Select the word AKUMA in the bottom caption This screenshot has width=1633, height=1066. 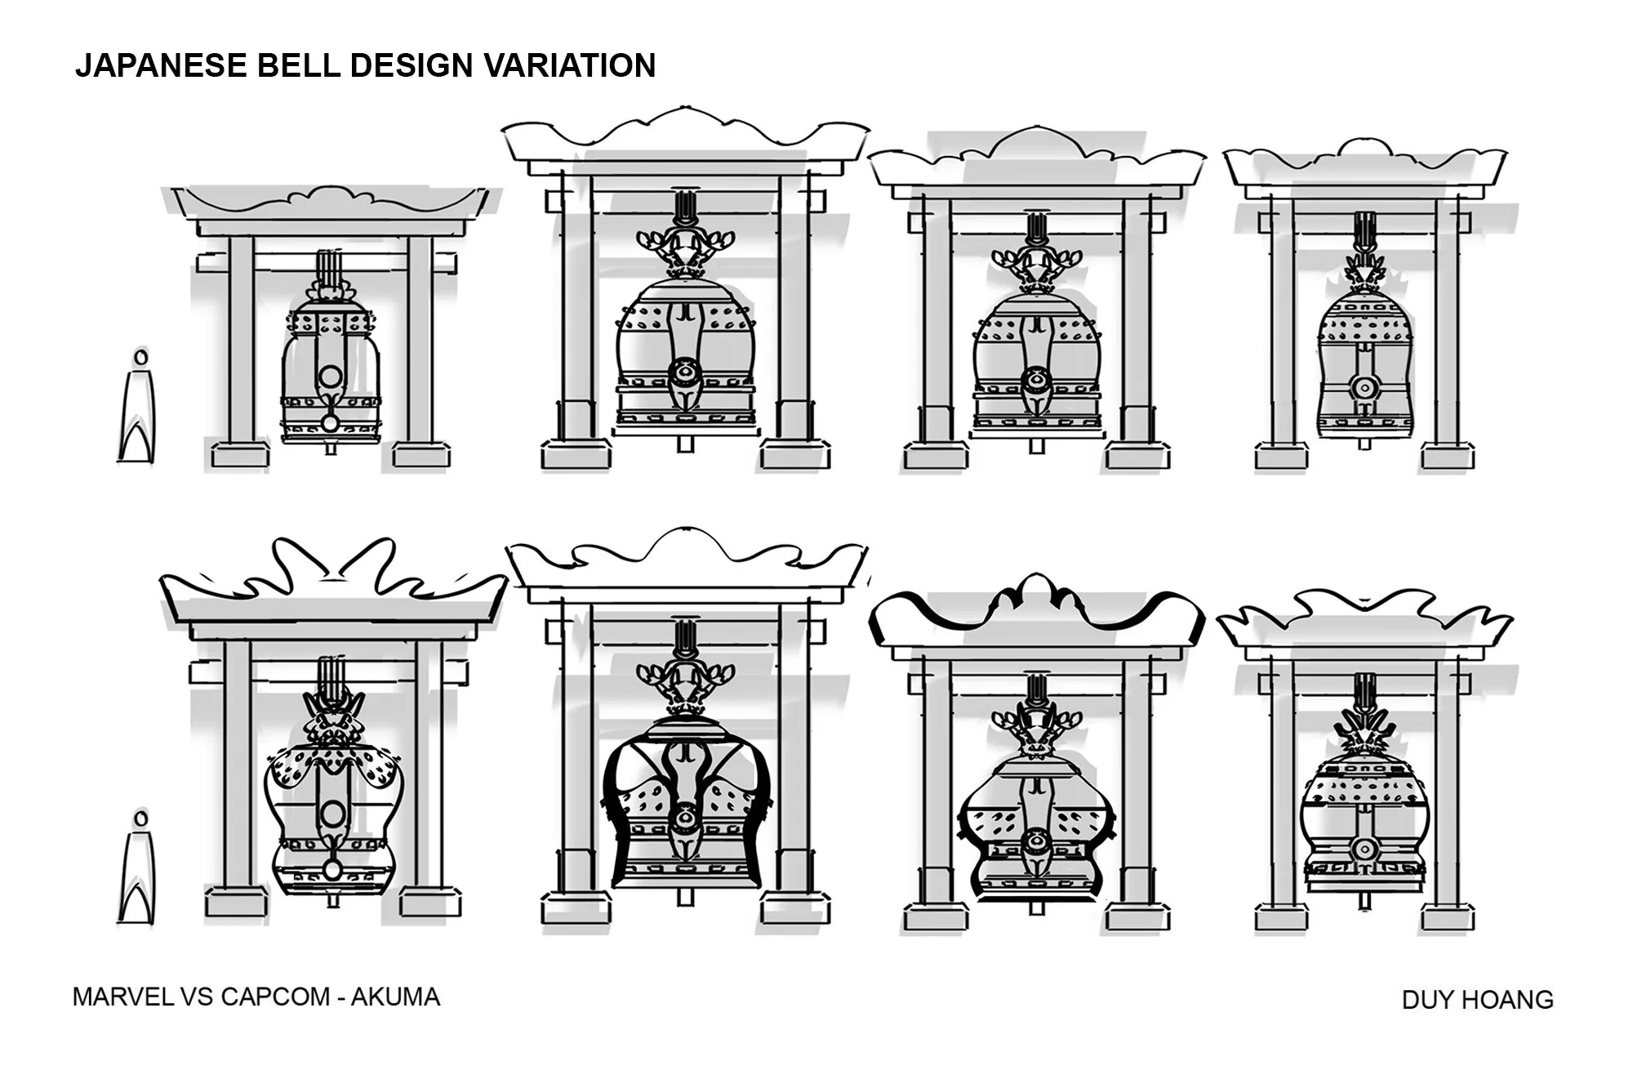pos(395,997)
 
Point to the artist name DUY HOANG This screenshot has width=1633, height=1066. pos(1477,1000)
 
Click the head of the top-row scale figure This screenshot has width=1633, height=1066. pos(141,357)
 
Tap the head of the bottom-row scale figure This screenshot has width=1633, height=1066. pos(141,818)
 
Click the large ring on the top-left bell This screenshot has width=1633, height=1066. pos(331,377)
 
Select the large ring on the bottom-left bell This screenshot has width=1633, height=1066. pos(332,814)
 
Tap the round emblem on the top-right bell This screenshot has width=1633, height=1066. pos(1364,387)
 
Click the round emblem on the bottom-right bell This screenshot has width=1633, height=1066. pos(1364,850)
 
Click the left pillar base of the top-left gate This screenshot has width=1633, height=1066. pos(240,455)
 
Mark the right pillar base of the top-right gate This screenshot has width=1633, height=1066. pos(1447,456)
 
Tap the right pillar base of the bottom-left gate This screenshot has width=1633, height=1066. pos(431,902)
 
